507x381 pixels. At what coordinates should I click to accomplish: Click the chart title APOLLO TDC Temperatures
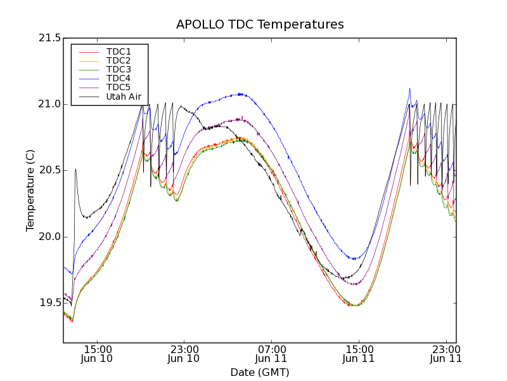[x=260, y=25]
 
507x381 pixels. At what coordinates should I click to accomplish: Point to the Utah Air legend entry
[x=123, y=97]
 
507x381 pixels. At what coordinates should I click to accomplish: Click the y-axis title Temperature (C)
[x=30, y=190]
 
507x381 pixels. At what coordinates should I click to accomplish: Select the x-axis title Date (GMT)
[x=260, y=372]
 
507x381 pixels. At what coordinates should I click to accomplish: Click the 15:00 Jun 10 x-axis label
[x=98, y=354]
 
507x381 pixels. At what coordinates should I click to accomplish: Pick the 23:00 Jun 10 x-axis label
[x=184, y=354]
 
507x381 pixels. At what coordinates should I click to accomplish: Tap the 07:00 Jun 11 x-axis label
[x=271, y=354]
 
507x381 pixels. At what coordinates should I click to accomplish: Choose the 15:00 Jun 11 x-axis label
[x=359, y=354]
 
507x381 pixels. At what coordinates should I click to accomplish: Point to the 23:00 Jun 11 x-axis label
[x=445, y=354]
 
